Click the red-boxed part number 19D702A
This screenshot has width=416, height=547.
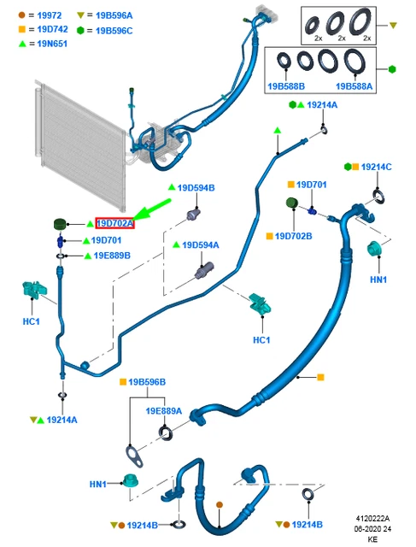tap(114, 223)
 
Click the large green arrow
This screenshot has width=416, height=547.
tap(152, 209)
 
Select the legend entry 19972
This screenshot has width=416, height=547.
tap(50, 15)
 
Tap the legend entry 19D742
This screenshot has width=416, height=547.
tap(52, 29)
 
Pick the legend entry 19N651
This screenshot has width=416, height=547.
tap(52, 44)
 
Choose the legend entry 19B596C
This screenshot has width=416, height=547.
tap(114, 31)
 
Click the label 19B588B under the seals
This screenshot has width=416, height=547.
tap(286, 86)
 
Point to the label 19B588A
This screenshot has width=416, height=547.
tap(354, 86)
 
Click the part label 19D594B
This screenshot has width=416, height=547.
tap(196, 188)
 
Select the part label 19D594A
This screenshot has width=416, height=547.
tap(201, 245)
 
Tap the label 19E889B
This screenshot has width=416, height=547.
tap(112, 256)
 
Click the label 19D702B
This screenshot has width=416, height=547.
tap(293, 236)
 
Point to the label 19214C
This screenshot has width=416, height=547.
tap(376, 167)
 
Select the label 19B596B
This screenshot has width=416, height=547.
tap(147, 382)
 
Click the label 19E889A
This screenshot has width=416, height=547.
tap(163, 411)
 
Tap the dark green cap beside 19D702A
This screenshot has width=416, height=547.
tap(60, 224)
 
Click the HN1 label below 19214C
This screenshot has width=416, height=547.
tap(378, 279)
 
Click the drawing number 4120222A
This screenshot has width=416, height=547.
tap(372, 519)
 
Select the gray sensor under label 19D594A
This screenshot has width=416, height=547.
tap(205, 270)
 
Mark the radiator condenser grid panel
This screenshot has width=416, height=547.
tap(79, 145)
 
